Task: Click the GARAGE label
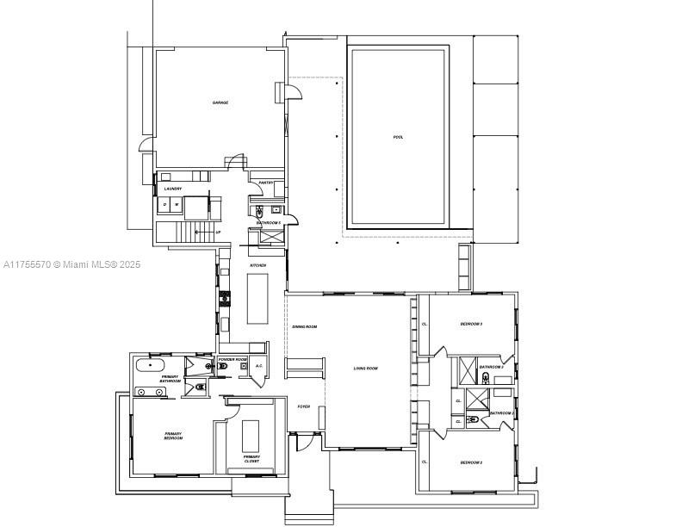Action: [x=220, y=102]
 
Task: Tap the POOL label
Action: [x=398, y=137]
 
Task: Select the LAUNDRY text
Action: [x=172, y=189]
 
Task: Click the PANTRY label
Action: [x=266, y=183]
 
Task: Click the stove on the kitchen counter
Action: [x=226, y=299]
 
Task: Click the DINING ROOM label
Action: [x=305, y=327]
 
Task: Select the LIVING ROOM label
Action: [x=365, y=369]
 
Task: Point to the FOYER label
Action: [x=303, y=406]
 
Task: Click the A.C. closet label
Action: [x=258, y=366]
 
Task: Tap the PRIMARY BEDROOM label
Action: [x=174, y=436]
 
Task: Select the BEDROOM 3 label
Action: [x=470, y=324]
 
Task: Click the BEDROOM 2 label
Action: [x=470, y=463]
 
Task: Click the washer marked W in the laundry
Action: [x=177, y=204]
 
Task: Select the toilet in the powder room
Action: [x=223, y=366]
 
